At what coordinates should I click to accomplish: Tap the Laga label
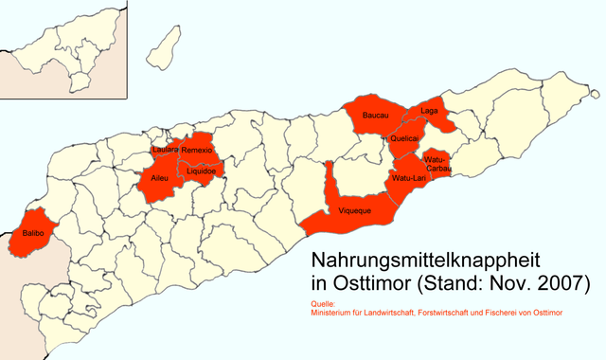pos(428,111)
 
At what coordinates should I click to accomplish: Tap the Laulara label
pos(165,151)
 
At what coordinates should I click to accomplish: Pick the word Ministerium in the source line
pos(335,313)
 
